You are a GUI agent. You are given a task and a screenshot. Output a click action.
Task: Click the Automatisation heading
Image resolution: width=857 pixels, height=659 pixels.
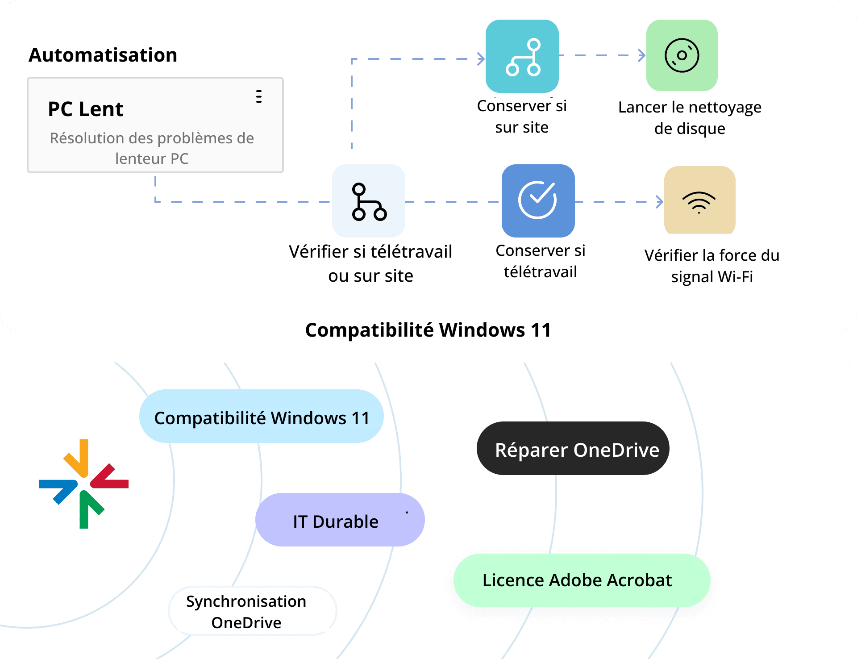click(103, 55)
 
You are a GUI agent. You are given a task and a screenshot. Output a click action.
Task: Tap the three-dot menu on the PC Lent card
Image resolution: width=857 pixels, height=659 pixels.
click(259, 96)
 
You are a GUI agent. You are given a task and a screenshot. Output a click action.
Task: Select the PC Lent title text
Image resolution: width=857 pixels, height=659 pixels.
click(86, 109)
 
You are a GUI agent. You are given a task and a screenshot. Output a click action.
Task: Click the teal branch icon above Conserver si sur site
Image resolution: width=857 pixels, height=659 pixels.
click(522, 56)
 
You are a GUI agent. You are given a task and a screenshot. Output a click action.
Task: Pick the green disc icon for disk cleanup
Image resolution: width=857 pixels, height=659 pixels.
click(682, 55)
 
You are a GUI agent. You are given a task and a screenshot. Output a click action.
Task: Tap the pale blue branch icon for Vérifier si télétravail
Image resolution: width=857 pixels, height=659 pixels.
click(369, 201)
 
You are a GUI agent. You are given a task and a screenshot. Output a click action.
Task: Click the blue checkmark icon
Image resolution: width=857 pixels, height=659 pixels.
click(538, 200)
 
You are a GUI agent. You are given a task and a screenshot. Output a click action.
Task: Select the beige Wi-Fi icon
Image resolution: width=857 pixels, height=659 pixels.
click(699, 200)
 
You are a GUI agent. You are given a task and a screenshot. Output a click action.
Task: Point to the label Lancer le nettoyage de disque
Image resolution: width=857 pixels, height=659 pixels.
click(690, 118)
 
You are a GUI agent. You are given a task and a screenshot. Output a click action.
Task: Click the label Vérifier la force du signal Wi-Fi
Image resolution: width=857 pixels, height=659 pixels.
click(712, 266)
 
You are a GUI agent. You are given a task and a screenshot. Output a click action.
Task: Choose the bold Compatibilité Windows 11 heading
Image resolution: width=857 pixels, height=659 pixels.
click(428, 330)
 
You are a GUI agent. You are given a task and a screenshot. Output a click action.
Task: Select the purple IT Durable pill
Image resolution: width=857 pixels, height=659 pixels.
click(340, 520)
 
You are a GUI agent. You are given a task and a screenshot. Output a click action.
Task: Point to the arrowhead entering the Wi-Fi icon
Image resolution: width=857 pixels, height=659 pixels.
click(659, 202)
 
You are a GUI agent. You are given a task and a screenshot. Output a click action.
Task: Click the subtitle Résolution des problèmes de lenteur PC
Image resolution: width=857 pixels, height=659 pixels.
click(152, 148)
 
